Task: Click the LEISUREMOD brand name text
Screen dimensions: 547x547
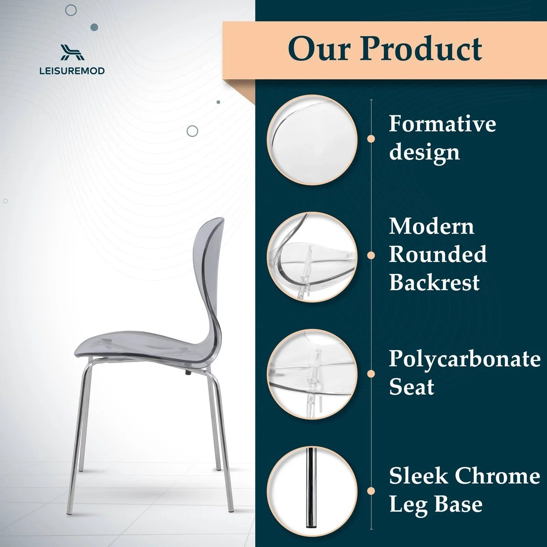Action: click(72, 71)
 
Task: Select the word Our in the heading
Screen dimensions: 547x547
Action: click(319, 49)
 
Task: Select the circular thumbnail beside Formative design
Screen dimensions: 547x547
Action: click(312, 140)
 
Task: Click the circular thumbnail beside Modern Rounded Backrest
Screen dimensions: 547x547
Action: click(312, 257)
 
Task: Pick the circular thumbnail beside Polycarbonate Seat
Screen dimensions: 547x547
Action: click(312, 374)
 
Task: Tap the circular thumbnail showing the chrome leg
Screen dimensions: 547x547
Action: click(312, 491)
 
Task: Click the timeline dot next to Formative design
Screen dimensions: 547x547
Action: click(371, 139)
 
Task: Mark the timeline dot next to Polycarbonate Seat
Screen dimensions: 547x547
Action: click(371, 374)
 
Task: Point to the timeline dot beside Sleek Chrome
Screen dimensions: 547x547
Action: click(371, 491)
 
